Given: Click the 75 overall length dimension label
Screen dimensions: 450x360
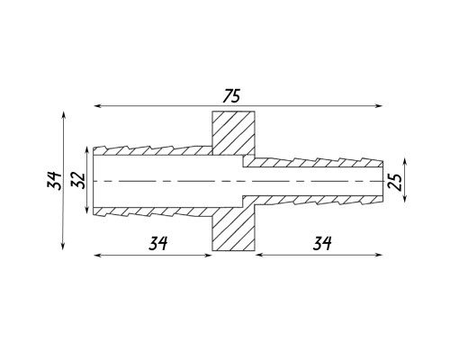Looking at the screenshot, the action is click(231, 96).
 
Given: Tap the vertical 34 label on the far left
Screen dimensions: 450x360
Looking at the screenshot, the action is click(54, 181).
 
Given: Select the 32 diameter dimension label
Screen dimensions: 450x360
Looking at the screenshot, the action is click(78, 180).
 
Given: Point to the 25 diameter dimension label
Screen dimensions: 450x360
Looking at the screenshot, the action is click(394, 182).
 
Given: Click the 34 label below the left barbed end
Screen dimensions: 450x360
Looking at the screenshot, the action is click(157, 243).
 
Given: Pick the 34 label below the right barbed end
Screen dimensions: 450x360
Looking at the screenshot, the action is click(322, 243).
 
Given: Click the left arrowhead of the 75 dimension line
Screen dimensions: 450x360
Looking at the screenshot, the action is click(97, 106).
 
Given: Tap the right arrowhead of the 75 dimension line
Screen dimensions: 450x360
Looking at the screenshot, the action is click(379, 106).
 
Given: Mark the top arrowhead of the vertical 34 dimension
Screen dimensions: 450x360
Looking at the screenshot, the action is click(63, 115).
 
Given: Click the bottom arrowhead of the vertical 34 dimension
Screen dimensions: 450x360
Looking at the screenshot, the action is click(63, 246).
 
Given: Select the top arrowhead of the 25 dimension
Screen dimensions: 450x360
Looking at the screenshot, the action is click(405, 162).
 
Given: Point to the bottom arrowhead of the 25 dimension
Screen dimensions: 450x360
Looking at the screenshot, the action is click(405, 198).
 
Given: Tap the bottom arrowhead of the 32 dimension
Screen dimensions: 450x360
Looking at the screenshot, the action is click(86, 210).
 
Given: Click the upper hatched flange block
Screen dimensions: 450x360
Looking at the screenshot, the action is click(234, 133).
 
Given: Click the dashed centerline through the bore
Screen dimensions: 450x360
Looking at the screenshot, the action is click(238, 181).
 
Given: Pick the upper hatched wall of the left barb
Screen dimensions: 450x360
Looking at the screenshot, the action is click(153, 150).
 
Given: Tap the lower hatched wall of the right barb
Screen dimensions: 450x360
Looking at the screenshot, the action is click(313, 200).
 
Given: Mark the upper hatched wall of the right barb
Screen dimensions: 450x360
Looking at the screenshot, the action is click(313, 163).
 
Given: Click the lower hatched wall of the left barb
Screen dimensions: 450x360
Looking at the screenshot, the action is click(153, 211).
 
